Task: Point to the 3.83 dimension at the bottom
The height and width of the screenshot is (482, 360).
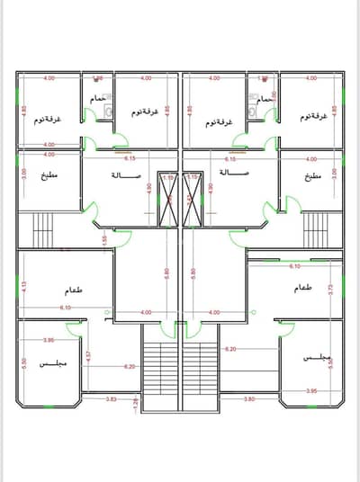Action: tap(111, 397)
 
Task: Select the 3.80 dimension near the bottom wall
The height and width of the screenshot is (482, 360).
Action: tap(249, 397)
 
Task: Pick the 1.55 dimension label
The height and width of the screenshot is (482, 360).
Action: tap(104, 239)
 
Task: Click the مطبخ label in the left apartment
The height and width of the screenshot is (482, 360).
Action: tap(49, 175)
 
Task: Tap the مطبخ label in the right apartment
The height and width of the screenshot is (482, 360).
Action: tap(312, 175)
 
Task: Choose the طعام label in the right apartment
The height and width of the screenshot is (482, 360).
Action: tap(302, 288)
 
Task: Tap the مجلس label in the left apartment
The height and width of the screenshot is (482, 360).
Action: tap(49, 364)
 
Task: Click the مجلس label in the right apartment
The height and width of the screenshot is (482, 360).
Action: tap(319, 359)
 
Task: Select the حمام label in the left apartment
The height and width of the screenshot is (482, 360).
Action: tap(97, 98)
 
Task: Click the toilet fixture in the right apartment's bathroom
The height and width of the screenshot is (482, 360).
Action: tap(255, 112)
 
